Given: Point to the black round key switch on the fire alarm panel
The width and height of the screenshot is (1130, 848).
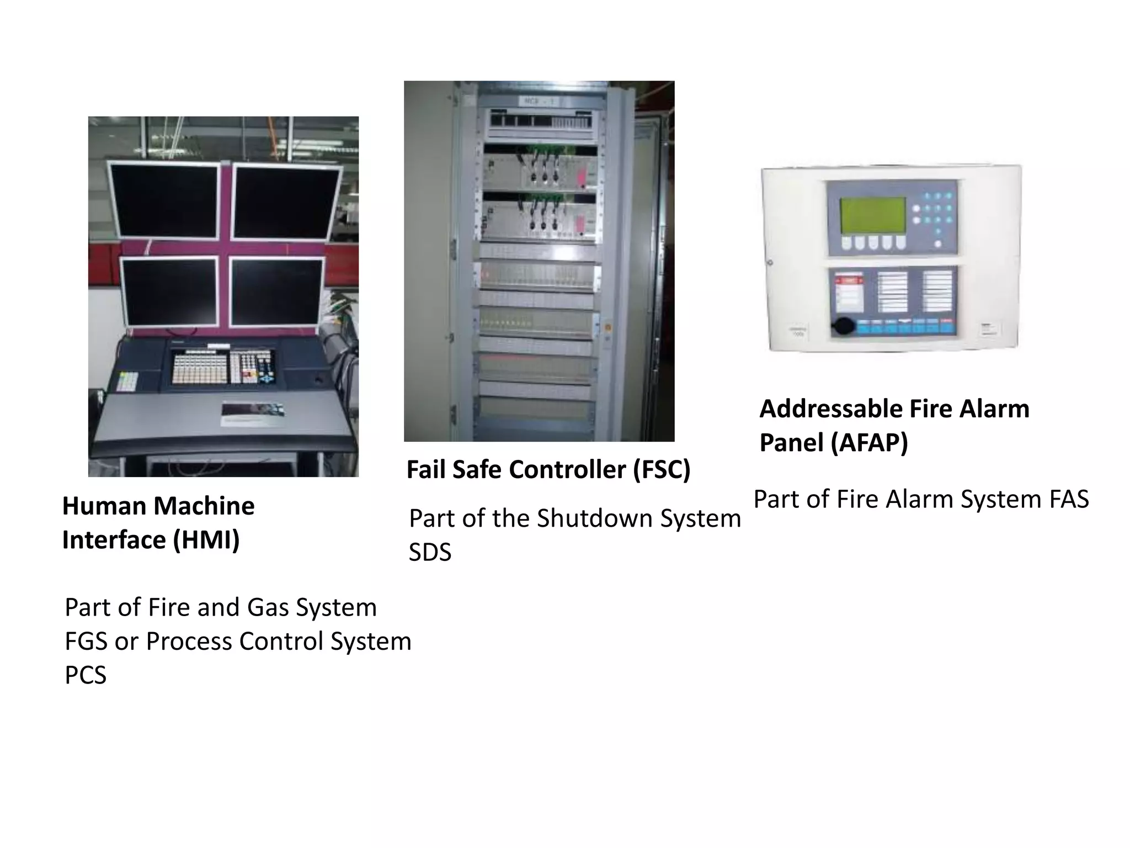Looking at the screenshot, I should pyautogui.click(x=842, y=326).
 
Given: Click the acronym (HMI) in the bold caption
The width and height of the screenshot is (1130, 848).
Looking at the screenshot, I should pyautogui.click(x=206, y=540).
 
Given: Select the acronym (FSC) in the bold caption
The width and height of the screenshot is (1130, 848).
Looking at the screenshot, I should pyautogui.click(x=661, y=470).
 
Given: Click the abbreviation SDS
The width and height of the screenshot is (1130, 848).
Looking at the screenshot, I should pyautogui.click(x=430, y=553).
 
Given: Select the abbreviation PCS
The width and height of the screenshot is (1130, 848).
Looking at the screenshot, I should pyautogui.click(x=86, y=675).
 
